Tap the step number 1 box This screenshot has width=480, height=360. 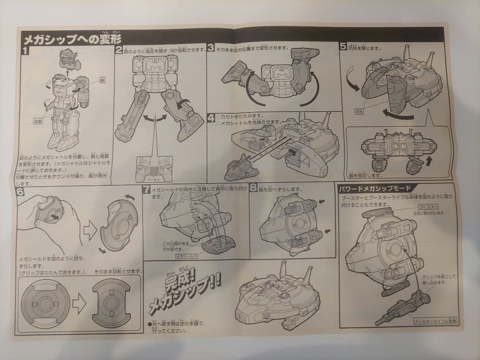25,50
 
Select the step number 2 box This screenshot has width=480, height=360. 119,50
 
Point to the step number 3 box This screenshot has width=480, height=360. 211,48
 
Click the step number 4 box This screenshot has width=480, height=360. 211,119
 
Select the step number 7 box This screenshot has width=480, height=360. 147,190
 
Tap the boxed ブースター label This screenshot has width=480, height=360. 428,207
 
